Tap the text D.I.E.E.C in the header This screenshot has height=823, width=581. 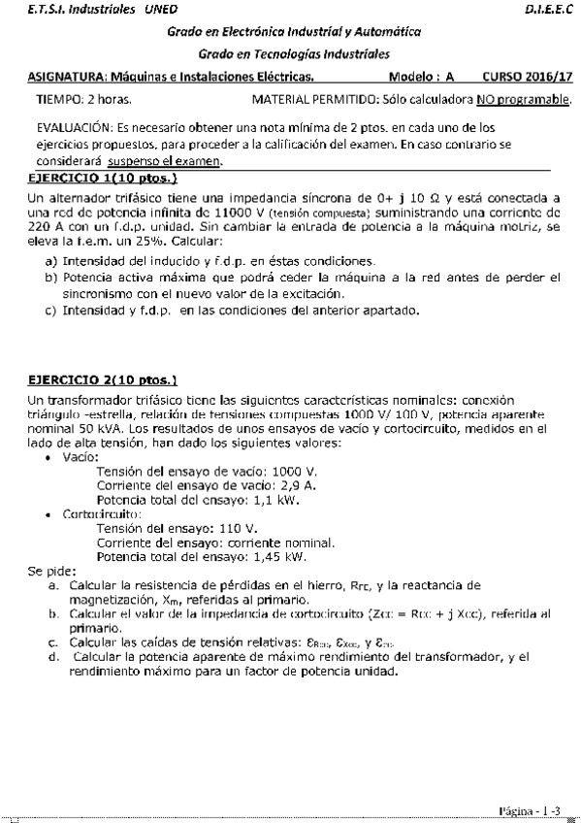[x=547, y=8]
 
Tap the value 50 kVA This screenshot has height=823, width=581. [x=90, y=430]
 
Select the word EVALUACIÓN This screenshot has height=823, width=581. [x=71, y=127]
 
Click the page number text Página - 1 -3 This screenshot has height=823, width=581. [x=529, y=807]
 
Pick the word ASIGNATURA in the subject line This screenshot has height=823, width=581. [x=65, y=75]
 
